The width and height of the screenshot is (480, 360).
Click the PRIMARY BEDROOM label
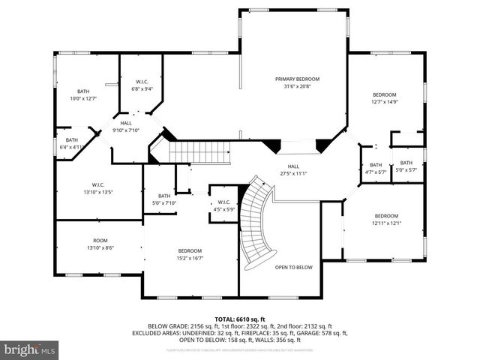297,79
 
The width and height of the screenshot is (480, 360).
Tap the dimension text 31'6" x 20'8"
297,86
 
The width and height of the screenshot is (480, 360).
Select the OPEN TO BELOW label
293,267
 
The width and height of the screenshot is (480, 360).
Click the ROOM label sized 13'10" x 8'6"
100,241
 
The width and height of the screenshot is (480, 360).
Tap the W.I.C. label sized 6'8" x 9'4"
142,82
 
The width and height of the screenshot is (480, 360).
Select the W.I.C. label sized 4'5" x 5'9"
223,202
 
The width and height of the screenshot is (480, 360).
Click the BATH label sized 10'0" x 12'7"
83,91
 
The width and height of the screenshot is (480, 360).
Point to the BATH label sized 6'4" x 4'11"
71,139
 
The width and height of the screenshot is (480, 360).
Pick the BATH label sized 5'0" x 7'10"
164,196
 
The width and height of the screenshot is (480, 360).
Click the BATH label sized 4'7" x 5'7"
375,165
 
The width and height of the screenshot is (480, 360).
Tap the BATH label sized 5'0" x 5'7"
406,163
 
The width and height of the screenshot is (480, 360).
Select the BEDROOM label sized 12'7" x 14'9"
388,94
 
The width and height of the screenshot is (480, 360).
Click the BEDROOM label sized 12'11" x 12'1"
387,215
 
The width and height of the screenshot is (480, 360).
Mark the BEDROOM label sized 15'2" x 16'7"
190,250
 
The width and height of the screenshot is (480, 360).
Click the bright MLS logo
30,349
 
